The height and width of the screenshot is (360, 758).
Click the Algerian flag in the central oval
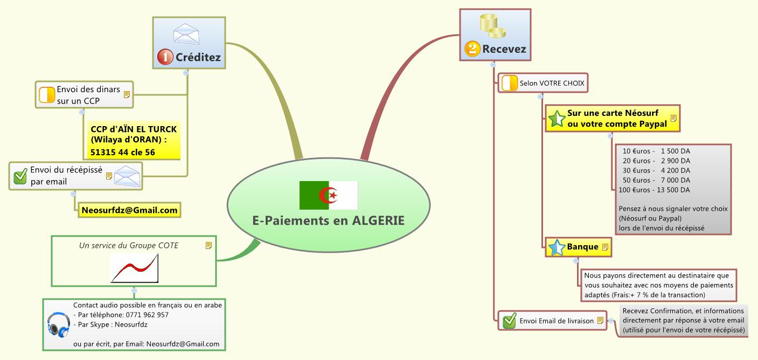pyautogui.click(x=329, y=195)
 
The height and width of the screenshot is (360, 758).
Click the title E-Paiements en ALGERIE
pyautogui.click(x=329, y=220)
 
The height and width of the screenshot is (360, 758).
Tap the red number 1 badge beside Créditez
pyautogui.click(x=165, y=57)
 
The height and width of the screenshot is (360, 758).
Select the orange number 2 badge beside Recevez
pyautogui.click(x=472, y=50)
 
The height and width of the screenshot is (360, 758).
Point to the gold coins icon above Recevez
pyautogui.click(x=492, y=25)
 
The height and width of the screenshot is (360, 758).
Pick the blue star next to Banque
pyautogui.click(x=556, y=247)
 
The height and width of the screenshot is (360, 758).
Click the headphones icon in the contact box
pyautogui.click(x=58, y=324)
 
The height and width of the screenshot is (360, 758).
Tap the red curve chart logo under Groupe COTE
pyautogui.click(x=135, y=268)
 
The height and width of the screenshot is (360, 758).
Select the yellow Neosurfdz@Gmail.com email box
pyautogui.click(x=129, y=210)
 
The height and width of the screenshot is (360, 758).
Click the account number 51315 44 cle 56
pyautogui.click(x=123, y=153)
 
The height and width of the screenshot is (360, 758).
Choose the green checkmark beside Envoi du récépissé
pyautogui.click(x=20, y=176)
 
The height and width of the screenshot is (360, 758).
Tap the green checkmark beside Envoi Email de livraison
pyautogui.click(x=509, y=321)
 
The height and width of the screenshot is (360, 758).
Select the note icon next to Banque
pyautogui.click(x=605, y=247)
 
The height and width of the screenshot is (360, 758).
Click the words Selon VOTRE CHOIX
pyautogui.click(x=552, y=84)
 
